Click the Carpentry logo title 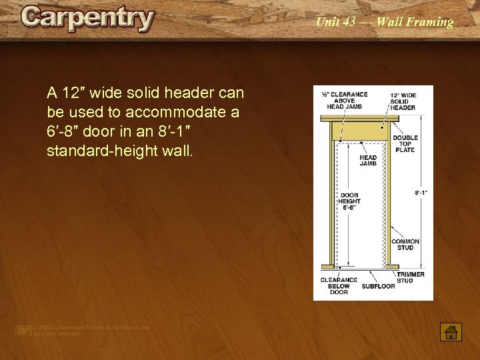(87, 19)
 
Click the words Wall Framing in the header (415, 22)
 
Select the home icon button (451, 332)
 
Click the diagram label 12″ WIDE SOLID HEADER (403, 101)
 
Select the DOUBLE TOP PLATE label (405, 144)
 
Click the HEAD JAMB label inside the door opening (368, 161)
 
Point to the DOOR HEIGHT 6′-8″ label (349, 201)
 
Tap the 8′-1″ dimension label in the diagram (421, 193)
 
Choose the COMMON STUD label (405, 245)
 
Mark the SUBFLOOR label (379, 287)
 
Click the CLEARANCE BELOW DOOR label (339, 286)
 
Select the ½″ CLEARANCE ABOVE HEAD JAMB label (345, 101)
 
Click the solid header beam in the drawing (359, 129)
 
